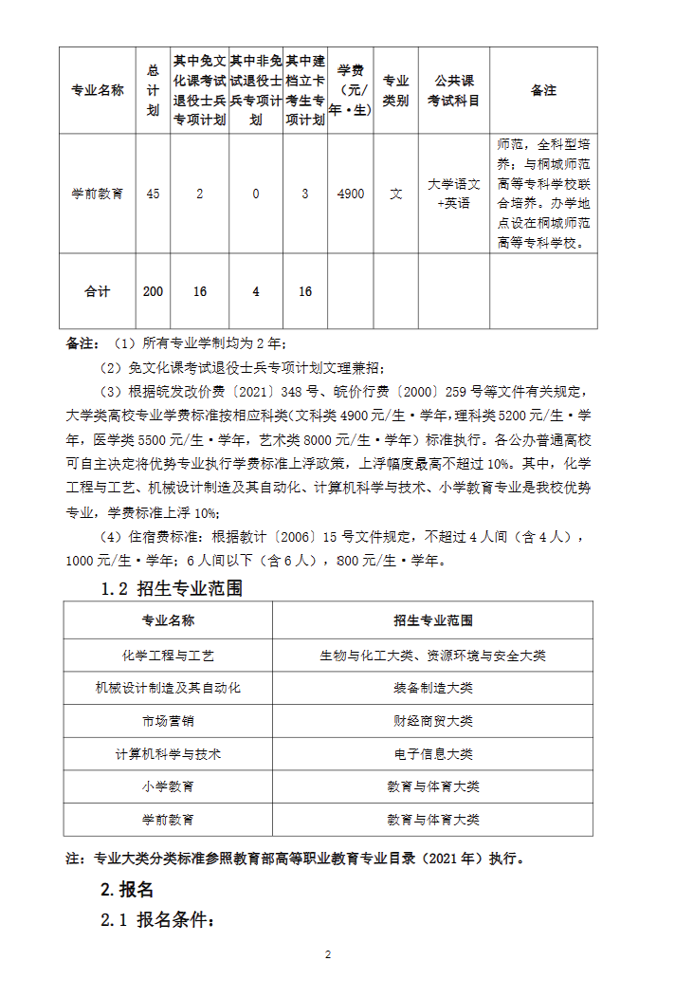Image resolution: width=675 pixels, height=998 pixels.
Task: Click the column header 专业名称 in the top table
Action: [x=98, y=91]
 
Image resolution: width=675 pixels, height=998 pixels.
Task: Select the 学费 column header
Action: [x=351, y=91]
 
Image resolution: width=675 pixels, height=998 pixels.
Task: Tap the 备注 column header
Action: [x=543, y=91]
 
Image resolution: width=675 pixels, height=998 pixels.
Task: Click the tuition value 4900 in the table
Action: [x=351, y=194]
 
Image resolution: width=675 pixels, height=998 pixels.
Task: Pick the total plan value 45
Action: [x=154, y=194]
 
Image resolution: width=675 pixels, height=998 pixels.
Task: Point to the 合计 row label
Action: [x=98, y=291]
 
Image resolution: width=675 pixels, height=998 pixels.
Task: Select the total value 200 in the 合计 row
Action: [x=154, y=291]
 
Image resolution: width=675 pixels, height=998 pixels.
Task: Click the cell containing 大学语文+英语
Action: [x=454, y=194]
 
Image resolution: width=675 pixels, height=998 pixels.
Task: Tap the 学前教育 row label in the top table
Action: [x=98, y=194]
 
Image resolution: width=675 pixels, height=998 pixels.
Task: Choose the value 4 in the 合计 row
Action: [x=256, y=291]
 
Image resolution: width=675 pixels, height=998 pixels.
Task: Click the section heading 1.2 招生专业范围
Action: [x=172, y=589]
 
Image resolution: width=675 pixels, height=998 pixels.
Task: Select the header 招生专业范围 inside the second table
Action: [x=433, y=621]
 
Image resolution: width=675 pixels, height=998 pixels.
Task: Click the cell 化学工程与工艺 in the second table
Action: [x=169, y=656]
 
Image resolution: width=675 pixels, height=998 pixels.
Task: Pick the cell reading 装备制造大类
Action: [x=433, y=689]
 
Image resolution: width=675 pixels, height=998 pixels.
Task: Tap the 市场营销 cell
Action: [x=169, y=721]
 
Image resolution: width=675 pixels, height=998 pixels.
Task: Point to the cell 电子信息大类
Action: [x=433, y=754]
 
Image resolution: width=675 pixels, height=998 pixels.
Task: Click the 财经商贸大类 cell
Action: [x=433, y=721]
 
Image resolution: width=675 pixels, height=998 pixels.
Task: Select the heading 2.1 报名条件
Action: [x=158, y=921]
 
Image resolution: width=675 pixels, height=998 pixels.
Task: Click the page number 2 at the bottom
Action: [x=328, y=954]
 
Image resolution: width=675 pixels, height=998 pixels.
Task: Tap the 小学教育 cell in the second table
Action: [x=169, y=786]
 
